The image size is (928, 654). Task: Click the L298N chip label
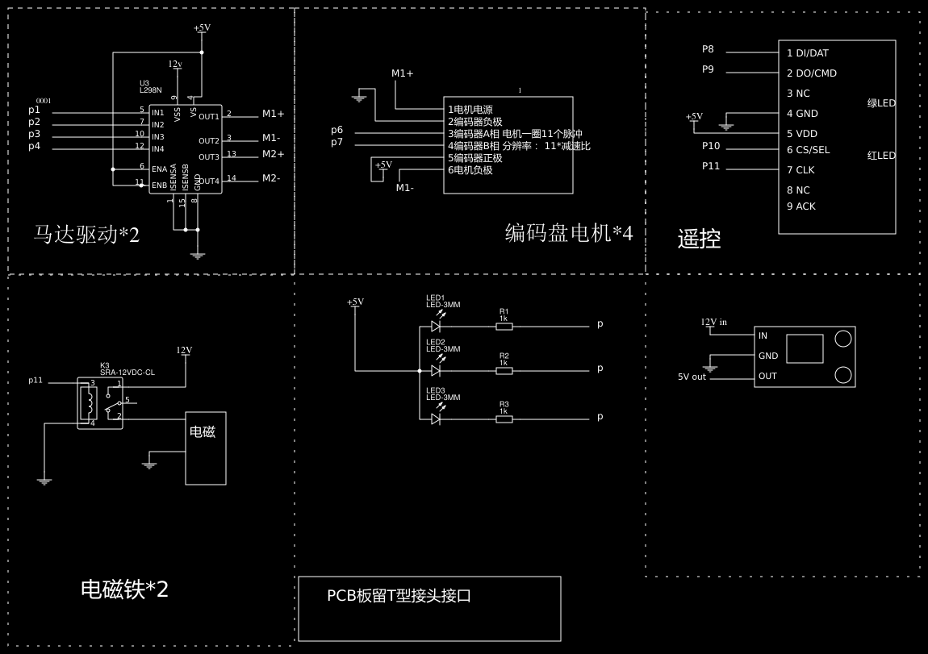point(151,90)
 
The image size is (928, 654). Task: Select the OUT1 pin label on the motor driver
point(209,117)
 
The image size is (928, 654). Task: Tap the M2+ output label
point(273,154)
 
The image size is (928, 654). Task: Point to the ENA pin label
point(159,169)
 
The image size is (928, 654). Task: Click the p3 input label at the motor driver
point(34,134)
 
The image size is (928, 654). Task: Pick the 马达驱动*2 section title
point(86,235)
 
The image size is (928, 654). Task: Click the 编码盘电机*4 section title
point(568,233)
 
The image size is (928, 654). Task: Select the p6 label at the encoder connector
point(337,130)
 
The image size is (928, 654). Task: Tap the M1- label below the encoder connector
point(404,188)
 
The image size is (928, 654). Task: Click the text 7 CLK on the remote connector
point(801,170)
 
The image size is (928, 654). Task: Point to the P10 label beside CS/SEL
point(711,146)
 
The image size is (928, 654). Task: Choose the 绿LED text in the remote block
point(881,103)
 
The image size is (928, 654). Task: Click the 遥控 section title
point(699,239)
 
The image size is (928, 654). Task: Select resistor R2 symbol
point(504,371)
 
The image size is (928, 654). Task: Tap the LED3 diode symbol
point(436,419)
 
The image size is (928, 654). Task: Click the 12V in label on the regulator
point(713,322)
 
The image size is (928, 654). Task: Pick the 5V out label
point(692,377)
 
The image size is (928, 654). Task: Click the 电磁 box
point(206,448)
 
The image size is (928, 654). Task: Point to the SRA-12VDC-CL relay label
point(127,373)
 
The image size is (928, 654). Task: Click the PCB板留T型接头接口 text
point(399,596)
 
